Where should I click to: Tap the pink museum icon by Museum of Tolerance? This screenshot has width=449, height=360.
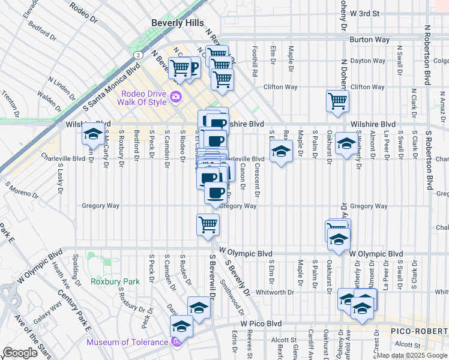coord(175,343)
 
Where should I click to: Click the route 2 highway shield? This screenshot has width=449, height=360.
coord(139,55)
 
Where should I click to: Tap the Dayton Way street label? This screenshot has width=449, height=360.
coord(367,61)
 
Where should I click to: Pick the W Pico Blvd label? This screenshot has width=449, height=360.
coord(261,323)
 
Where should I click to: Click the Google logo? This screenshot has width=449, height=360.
coord(20,353)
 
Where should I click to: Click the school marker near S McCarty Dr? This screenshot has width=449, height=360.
coord(93,135)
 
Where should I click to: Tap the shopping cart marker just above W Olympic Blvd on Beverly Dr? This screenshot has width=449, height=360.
coord(208,225)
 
